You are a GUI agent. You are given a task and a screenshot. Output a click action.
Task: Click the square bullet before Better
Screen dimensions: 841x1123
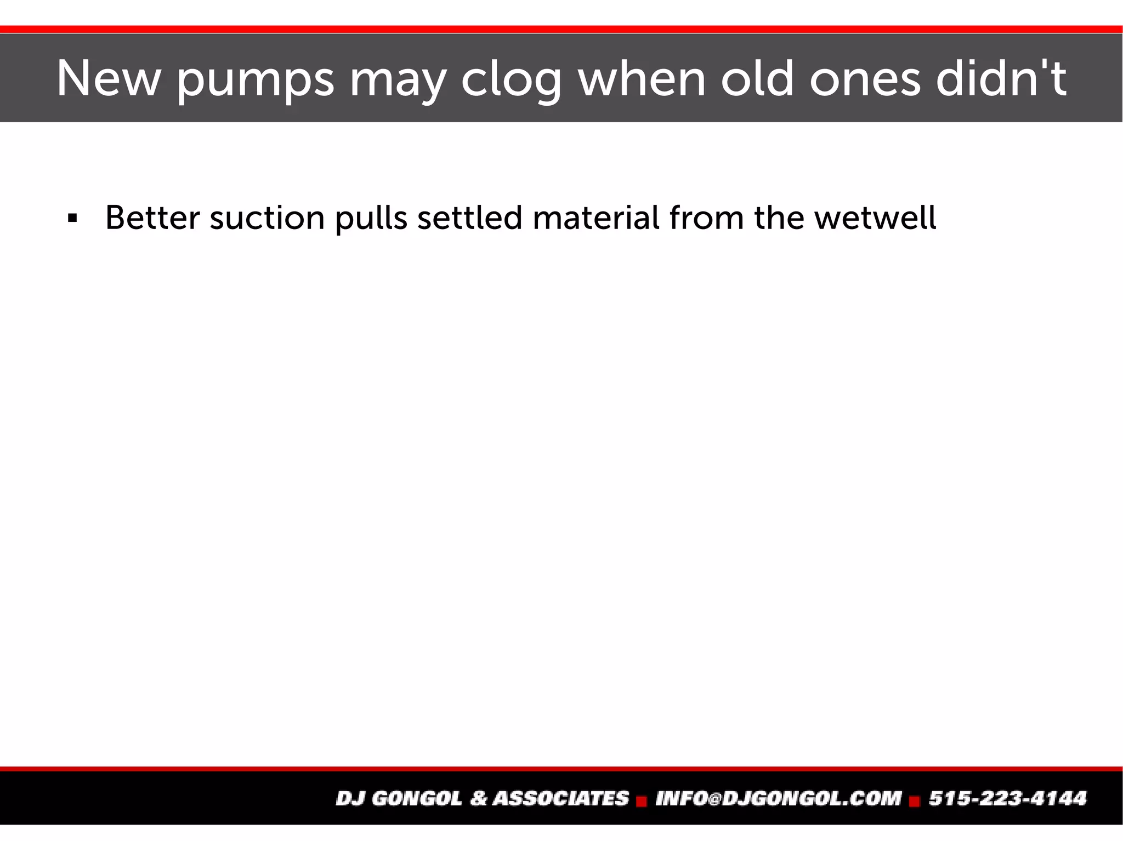pyautogui.click(x=72, y=219)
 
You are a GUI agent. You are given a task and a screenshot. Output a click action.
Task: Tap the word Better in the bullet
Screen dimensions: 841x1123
pyautogui.click(x=152, y=218)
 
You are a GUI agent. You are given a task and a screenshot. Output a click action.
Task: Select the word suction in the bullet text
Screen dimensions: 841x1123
pyautogui.click(x=267, y=218)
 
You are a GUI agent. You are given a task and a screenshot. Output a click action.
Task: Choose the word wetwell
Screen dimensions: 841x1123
pyautogui.click(x=875, y=218)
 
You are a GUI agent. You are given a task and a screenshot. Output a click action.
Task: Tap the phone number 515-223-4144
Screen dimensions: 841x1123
pyautogui.click(x=1007, y=798)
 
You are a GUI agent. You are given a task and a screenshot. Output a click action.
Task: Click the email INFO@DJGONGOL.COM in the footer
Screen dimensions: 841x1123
pyautogui.click(x=778, y=798)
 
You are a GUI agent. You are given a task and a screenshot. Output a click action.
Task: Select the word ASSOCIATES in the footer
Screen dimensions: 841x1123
pyautogui.click(x=560, y=798)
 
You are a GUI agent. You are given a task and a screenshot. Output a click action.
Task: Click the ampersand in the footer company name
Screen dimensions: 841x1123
pyautogui.click(x=478, y=798)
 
